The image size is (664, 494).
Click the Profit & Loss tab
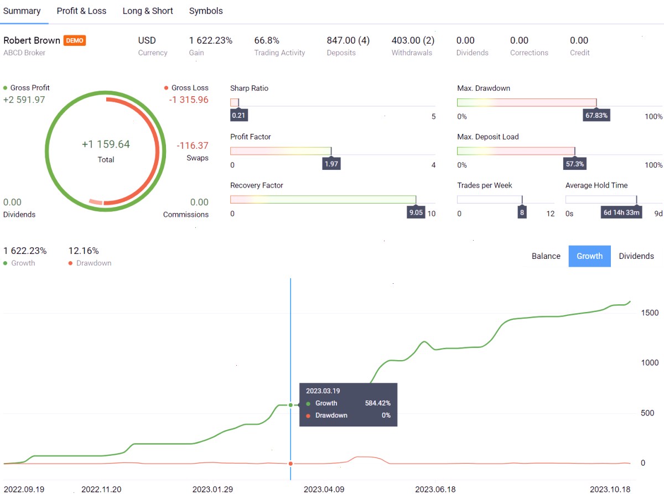pos(81,11)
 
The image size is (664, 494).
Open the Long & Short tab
pos(148,11)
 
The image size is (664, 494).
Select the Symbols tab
pos(206,11)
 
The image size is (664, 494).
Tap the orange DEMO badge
pos(75,40)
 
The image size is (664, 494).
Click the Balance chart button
pos(546,256)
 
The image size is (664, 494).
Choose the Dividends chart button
pos(636,256)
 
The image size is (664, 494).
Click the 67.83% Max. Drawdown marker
pos(596,115)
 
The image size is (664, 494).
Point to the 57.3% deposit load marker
pos(575,164)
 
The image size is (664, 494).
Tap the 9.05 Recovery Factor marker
pos(416,212)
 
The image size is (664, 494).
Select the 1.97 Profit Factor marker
pos(331,164)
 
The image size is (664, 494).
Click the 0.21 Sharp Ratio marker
pos(238,115)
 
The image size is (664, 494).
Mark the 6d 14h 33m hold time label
pos(621,212)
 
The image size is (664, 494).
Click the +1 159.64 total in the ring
pos(106,144)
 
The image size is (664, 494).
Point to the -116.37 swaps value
pos(193,145)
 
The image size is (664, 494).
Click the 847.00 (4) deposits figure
pos(348,40)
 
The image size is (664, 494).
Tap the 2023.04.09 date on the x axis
pos(324,489)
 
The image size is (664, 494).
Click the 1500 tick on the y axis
pos(650,313)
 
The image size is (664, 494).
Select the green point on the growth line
pos(290,405)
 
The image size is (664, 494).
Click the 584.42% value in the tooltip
pos(377,403)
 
